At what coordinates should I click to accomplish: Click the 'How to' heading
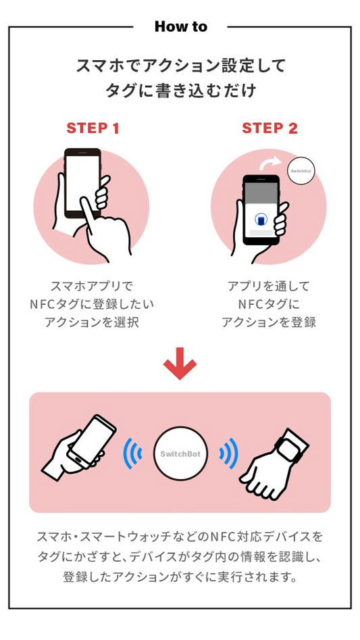pyautogui.click(x=180, y=27)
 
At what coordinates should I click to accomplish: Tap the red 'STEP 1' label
pyautogui.click(x=93, y=128)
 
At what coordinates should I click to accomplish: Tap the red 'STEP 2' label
pyautogui.click(x=269, y=128)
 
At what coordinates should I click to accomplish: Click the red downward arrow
pyautogui.click(x=180, y=364)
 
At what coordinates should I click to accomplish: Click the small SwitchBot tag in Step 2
pyautogui.click(x=301, y=171)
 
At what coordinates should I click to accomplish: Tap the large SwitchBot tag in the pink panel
pyautogui.click(x=180, y=454)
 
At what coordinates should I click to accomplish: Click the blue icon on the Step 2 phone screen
pyautogui.click(x=261, y=220)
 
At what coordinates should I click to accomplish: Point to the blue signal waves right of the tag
pyautogui.click(x=228, y=453)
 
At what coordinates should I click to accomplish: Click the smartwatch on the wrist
pyautogui.click(x=290, y=446)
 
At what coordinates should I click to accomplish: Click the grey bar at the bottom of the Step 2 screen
pyautogui.click(x=261, y=232)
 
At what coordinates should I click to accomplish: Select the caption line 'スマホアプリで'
pyautogui.click(x=92, y=286)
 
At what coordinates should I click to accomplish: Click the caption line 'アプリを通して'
pyautogui.click(x=269, y=286)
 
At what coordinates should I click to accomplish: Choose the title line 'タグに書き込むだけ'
pyautogui.click(x=180, y=91)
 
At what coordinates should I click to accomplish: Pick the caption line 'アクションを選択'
pyautogui.click(x=92, y=322)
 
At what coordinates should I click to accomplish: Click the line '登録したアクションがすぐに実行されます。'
pyautogui.click(x=180, y=577)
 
